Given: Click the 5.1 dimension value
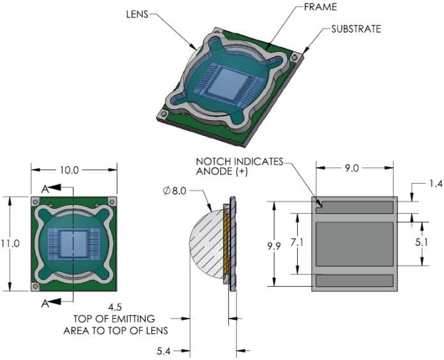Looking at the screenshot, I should (x=434, y=243).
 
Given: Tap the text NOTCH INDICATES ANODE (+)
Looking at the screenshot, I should (x=239, y=167).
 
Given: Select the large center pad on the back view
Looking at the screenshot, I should (x=354, y=243).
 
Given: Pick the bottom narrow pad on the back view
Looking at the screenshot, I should (x=354, y=280).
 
